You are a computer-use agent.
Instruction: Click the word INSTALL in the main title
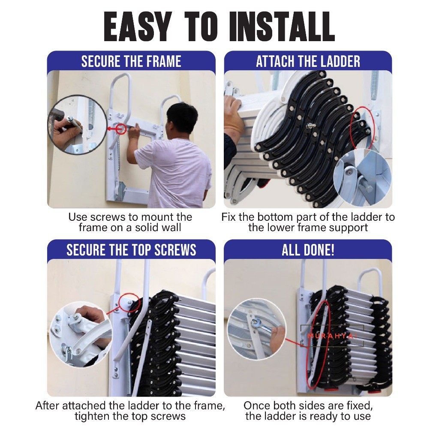point(282,27)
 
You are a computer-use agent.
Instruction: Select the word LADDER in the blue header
point(340,61)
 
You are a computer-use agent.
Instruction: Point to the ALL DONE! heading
point(308,250)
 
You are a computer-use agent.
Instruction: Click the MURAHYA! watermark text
point(332,336)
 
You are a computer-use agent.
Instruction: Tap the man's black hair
point(182,114)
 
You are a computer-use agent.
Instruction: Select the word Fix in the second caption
point(229,217)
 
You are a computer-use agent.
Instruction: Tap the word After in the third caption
point(47,406)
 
